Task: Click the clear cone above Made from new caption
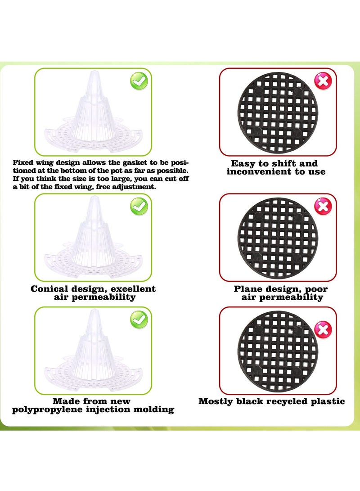click(x=92, y=351)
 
